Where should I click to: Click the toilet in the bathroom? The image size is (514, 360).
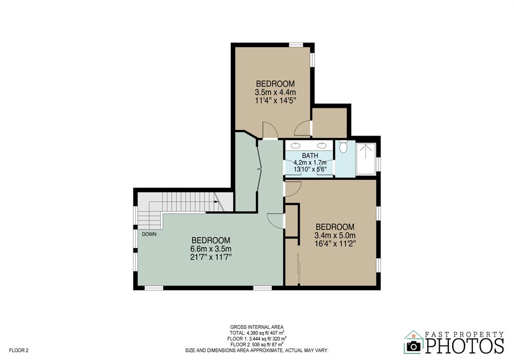343,147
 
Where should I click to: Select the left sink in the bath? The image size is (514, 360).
296,146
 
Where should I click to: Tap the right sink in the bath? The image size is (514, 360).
322,146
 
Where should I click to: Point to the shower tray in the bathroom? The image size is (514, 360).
366,159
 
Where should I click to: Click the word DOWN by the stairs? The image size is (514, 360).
149,234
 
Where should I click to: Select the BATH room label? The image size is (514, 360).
310,156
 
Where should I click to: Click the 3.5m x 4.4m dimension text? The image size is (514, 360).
276,92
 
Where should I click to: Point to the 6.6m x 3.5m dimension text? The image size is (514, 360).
211,249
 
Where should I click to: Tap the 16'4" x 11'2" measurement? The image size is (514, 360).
335,244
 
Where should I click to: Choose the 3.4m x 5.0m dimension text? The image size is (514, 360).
335,235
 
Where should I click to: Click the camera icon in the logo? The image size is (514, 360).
414,346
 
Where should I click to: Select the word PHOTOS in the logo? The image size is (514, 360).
464,345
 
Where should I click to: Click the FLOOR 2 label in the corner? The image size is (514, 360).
19,350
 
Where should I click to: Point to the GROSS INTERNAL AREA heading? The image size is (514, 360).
256,327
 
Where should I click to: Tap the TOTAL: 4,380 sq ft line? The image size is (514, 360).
256,333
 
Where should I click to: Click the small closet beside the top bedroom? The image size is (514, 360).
329,123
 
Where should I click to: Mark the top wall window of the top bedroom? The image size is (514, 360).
296,45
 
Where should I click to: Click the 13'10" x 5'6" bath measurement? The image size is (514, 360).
313,170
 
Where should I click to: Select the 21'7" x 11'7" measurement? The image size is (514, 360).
211,257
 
